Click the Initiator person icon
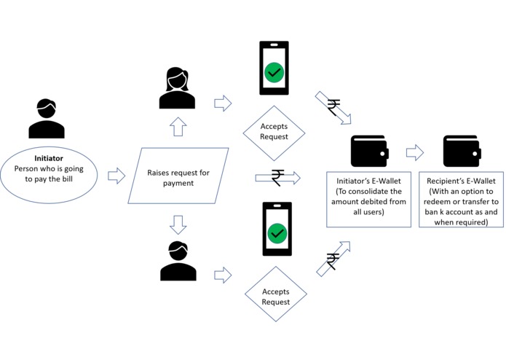point(47,118)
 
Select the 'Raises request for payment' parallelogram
point(178,176)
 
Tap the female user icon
point(178,87)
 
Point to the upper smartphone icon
point(274,68)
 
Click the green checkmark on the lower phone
point(277,234)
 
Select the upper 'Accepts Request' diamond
point(274,132)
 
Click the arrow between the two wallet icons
point(415,152)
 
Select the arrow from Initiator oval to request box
point(116,176)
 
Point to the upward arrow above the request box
point(178,129)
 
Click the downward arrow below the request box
point(178,223)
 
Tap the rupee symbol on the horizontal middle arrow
point(277,177)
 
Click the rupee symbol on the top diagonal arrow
point(333,108)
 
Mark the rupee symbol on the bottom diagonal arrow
point(333,261)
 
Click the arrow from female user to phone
point(223,103)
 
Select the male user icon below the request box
point(178,263)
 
